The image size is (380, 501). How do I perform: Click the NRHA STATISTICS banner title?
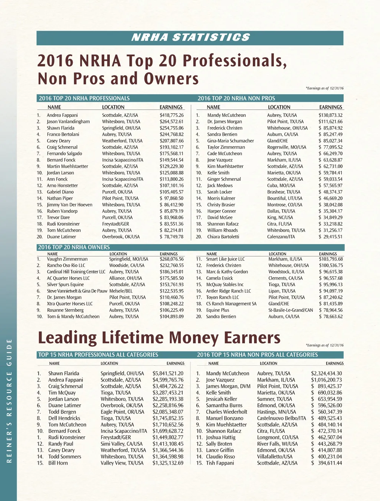click(x=190, y=37)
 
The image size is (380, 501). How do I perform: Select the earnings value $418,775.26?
click(x=171, y=115)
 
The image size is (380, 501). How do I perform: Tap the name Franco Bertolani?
click(x=63, y=134)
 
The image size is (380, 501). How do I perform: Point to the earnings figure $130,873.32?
click(x=330, y=115)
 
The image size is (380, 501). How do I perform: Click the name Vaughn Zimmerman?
click(x=67, y=259)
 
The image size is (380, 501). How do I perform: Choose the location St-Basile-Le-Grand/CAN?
click(x=291, y=310)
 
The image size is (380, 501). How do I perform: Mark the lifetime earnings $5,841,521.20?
click(x=168, y=373)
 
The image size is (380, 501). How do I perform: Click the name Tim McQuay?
click(x=62, y=393)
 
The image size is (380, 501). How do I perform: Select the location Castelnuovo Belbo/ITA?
click(x=282, y=418)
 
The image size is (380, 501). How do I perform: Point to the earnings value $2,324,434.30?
click(x=326, y=373)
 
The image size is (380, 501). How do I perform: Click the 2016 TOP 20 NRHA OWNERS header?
click(x=74, y=247)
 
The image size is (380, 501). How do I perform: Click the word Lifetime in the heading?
click(x=132, y=337)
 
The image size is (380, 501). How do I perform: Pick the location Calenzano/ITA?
click(x=281, y=237)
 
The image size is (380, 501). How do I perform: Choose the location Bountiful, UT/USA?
click(x=285, y=198)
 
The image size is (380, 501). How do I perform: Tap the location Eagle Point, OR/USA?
click(x=122, y=412)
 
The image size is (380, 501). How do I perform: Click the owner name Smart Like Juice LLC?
click(x=225, y=259)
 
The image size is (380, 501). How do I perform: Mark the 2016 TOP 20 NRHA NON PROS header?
click(x=236, y=98)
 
